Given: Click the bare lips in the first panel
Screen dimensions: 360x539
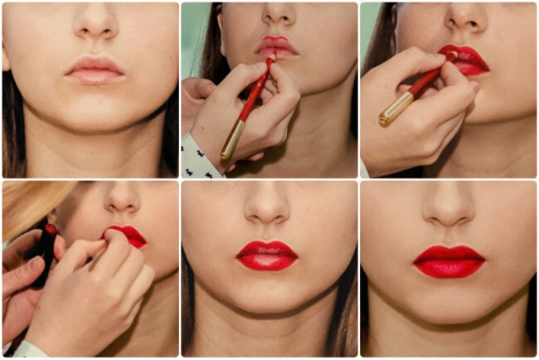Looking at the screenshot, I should pos(93,70).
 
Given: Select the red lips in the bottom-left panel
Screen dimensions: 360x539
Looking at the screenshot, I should pos(128,236).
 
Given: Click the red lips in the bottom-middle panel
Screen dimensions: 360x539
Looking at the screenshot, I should pos(266,255).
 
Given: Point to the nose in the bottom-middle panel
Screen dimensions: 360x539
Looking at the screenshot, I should pos(268,212).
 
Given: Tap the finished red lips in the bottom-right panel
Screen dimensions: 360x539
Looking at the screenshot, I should pos(449,261).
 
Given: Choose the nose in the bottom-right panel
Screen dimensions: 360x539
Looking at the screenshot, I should pos(448,212).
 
